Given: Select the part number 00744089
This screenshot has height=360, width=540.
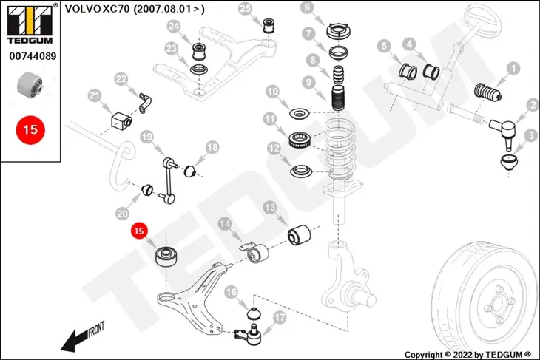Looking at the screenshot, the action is click(x=33, y=56).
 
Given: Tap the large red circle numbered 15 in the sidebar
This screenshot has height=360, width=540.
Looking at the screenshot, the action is click(x=30, y=130).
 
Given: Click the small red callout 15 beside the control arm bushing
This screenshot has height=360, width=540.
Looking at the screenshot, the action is click(x=139, y=231).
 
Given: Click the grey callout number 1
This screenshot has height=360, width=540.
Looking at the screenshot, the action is click(x=513, y=68).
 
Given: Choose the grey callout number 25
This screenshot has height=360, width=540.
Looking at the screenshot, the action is click(x=245, y=8).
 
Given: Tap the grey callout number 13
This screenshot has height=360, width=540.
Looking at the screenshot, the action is click(x=270, y=208).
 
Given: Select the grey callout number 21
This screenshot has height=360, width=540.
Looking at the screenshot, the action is click(x=95, y=95).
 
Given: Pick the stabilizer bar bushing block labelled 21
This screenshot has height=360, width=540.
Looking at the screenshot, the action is click(x=121, y=120).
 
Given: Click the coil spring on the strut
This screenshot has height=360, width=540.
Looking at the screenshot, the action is click(x=340, y=148).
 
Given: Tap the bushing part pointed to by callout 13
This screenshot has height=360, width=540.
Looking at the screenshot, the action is click(x=299, y=235).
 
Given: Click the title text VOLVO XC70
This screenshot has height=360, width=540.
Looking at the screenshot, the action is click(x=97, y=9).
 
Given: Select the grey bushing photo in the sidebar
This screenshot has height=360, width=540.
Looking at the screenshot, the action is click(x=30, y=84).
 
